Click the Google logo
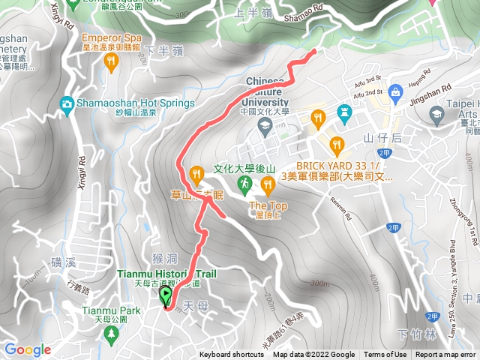[x=28, y=349]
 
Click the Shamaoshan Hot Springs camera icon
[x=67, y=103]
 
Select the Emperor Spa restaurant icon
[x=112, y=64]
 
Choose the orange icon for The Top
[x=268, y=184]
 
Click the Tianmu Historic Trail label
[x=166, y=274]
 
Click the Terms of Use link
[x=385, y=355]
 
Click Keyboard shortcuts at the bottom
[x=232, y=355]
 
